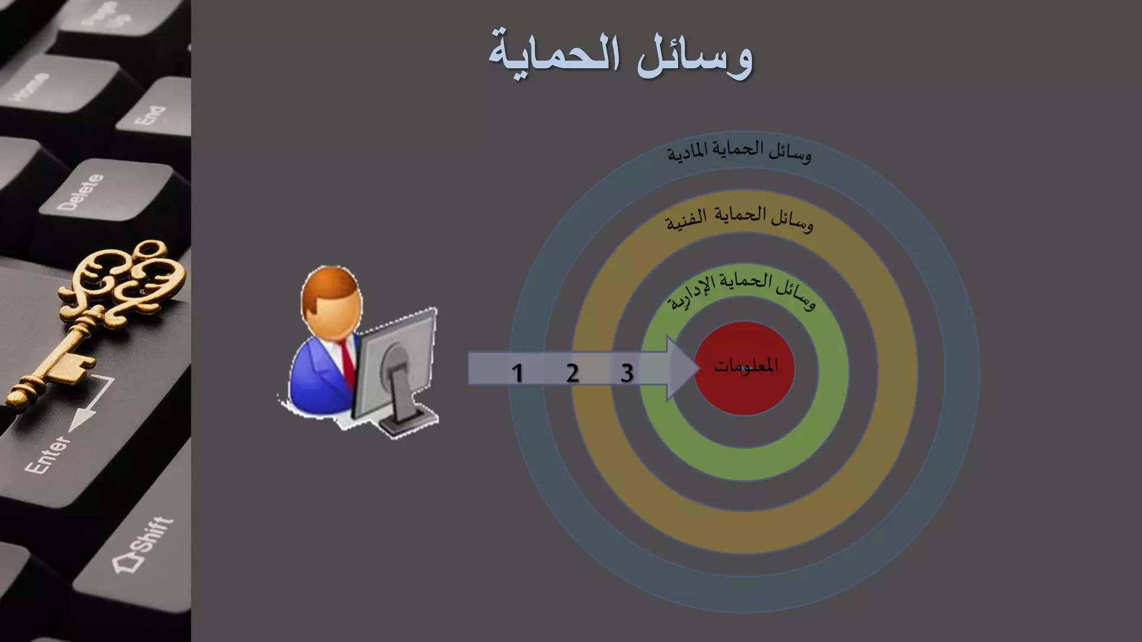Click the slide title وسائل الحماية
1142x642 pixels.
(x=621, y=55)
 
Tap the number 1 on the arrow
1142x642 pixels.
(x=517, y=373)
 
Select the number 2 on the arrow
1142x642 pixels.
(x=572, y=373)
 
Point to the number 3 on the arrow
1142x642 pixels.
(x=627, y=373)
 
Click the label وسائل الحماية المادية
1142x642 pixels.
(x=739, y=152)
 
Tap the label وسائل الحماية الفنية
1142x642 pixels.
(x=739, y=219)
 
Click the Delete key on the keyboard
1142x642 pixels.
(x=81, y=192)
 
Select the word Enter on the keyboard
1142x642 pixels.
(x=48, y=454)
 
